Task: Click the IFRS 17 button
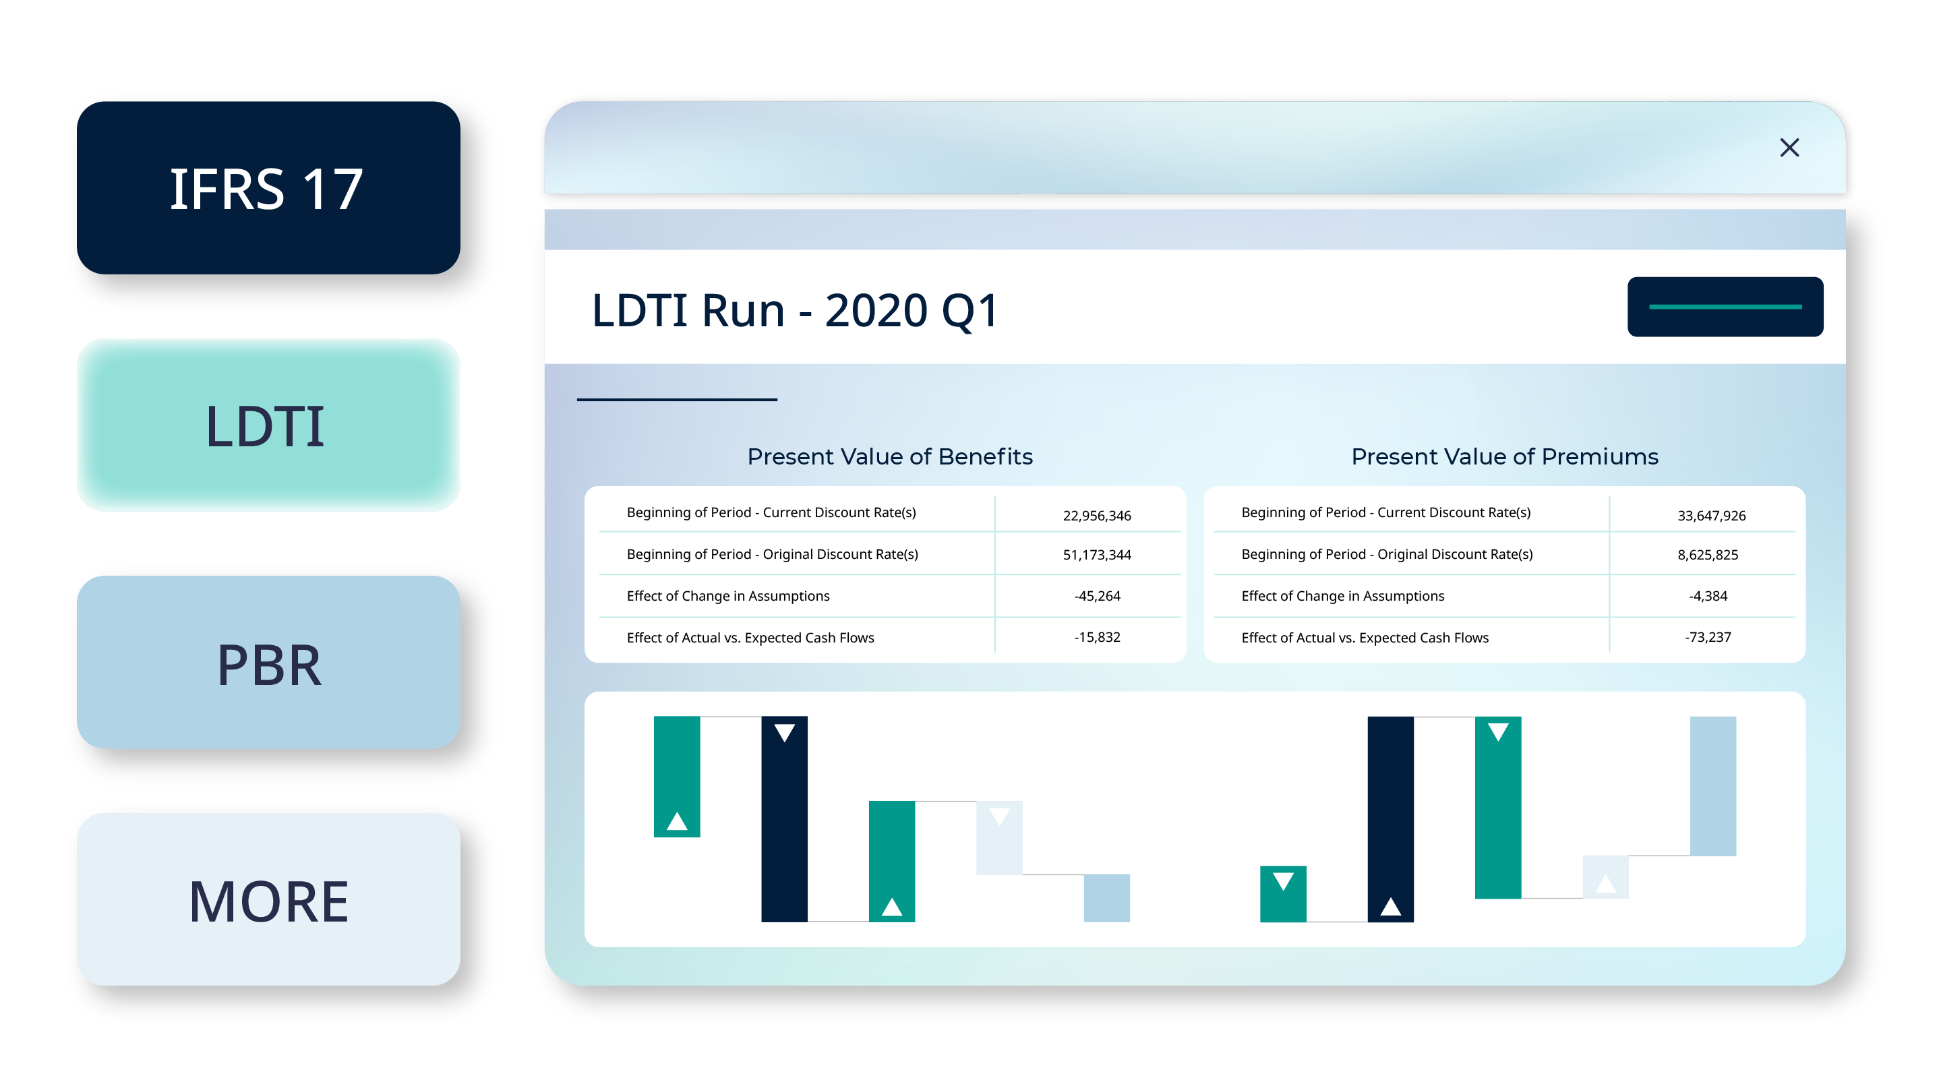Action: pyautogui.click(x=268, y=188)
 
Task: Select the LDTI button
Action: pyautogui.click(x=268, y=425)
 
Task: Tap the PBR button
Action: pyautogui.click(x=268, y=663)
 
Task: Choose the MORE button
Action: pyautogui.click(x=268, y=900)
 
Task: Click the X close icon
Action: pyautogui.click(x=1789, y=148)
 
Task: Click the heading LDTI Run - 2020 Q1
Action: pyautogui.click(x=794, y=310)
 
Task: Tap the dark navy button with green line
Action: pyautogui.click(x=1725, y=307)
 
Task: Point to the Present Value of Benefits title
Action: pyautogui.click(x=890, y=457)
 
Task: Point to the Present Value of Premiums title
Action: pyautogui.click(x=1504, y=457)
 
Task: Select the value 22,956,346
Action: pyautogui.click(x=1097, y=516)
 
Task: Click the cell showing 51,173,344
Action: pyautogui.click(x=1097, y=555)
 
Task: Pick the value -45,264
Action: pyautogui.click(x=1097, y=596)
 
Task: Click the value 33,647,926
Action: pyautogui.click(x=1711, y=516)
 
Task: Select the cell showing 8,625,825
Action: pyautogui.click(x=1707, y=555)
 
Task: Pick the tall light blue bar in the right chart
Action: pyautogui.click(x=1712, y=785)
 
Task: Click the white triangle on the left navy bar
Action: pyautogui.click(x=784, y=732)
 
